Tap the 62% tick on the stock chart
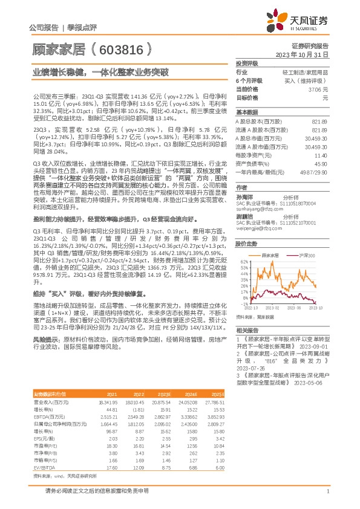click(243, 261)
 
